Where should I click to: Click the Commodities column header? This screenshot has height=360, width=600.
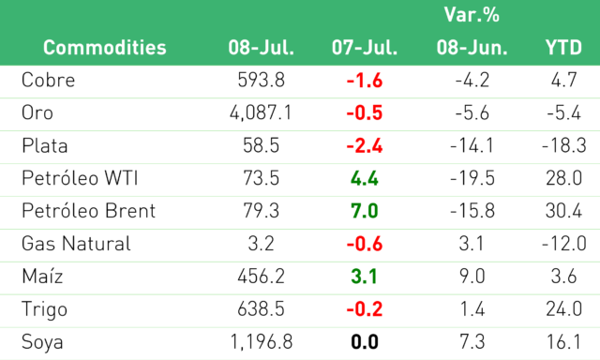104,48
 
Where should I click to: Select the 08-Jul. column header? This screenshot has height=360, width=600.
261,48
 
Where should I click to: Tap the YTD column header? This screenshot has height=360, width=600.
563,48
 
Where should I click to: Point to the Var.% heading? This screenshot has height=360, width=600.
472,15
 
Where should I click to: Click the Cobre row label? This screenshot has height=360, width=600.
48,80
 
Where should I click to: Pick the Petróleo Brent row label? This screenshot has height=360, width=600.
88,210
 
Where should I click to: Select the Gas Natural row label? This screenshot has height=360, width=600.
76,244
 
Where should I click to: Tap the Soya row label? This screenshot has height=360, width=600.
42,341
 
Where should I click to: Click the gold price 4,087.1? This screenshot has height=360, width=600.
261,112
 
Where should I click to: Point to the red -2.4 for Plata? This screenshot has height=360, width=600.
365,145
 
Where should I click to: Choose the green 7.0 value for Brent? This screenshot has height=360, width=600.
365,211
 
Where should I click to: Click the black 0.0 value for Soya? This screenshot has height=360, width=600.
365,341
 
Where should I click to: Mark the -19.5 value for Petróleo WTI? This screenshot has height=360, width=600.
472,178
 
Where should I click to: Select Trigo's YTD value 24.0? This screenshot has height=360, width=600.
564,308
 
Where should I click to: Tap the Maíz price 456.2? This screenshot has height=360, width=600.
261,277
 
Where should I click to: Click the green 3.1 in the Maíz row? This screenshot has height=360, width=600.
365,277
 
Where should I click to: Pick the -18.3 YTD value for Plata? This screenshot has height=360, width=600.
564,145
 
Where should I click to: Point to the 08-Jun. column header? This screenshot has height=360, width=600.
472,48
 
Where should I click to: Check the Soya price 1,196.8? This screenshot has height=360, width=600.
261,341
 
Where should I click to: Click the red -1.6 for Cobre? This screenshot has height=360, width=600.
365,81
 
